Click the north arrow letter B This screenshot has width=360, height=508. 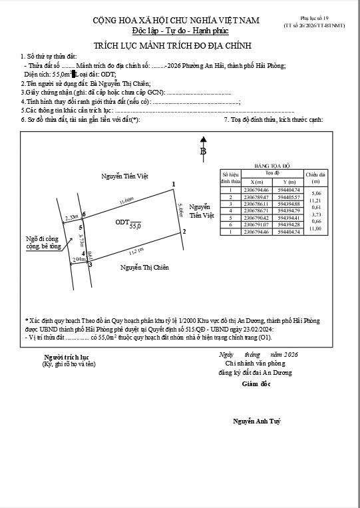(x=203, y=152)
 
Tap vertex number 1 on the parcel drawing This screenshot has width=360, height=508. (x=174, y=184)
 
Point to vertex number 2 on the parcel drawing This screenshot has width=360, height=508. (x=184, y=232)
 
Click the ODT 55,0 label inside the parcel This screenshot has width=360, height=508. (x=128, y=224)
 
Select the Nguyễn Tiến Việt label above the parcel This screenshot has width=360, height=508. (x=124, y=176)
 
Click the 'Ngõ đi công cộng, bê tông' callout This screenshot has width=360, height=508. (x=44, y=242)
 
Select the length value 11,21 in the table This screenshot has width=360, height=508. (x=315, y=200)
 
